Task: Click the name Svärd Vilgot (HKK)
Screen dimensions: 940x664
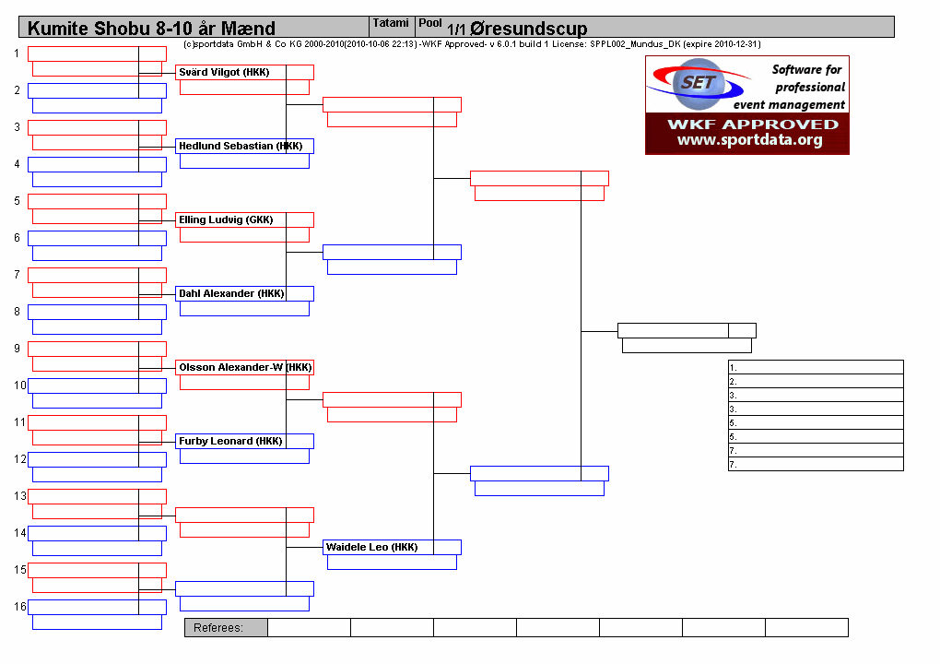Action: (224, 72)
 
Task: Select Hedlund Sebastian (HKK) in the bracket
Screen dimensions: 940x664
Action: (241, 146)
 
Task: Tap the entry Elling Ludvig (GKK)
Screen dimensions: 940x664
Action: (226, 219)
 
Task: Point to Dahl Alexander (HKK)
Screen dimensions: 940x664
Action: (231, 293)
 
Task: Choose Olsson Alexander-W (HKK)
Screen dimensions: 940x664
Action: (245, 367)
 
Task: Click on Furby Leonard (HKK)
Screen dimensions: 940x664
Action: (230, 441)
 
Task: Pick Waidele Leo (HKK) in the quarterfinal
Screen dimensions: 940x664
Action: (371, 547)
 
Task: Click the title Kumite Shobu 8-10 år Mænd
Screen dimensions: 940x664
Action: (151, 29)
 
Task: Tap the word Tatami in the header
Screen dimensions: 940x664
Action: (391, 23)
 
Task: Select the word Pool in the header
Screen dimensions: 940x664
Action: (429, 23)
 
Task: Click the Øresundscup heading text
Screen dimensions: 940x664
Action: (529, 29)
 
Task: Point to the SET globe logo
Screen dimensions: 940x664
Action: (699, 84)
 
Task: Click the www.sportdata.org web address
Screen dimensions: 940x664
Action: (749, 140)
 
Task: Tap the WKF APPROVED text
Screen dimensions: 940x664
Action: (753, 125)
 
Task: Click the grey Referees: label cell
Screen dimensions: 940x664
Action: (226, 627)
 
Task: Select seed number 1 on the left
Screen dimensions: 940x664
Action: (17, 53)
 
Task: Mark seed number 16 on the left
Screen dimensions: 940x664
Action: (19, 607)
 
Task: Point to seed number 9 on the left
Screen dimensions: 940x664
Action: (17, 349)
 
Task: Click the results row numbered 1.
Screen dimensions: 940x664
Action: (816, 367)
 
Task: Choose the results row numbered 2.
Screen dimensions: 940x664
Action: (816, 381)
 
